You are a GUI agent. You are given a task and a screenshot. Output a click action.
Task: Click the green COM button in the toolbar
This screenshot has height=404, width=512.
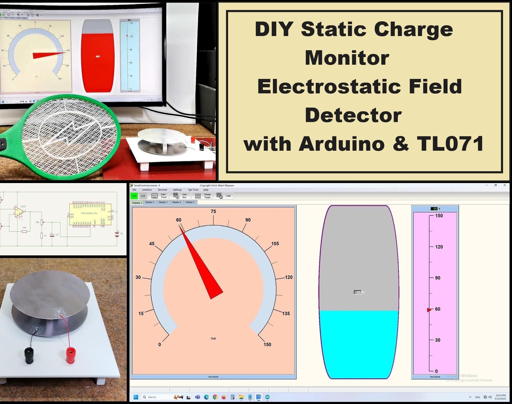134,196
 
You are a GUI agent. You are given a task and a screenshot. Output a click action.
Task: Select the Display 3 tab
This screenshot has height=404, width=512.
163,202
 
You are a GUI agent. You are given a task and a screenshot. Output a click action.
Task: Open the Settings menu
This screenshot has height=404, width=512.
177,190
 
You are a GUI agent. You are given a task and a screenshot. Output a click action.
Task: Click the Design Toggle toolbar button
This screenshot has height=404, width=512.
203,196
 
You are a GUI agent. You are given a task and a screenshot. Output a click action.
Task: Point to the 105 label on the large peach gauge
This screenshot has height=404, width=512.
275,244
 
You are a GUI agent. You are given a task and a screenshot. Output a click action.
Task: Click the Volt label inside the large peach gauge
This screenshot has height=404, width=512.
213,339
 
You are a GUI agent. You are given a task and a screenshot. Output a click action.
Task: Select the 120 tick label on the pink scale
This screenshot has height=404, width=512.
439,247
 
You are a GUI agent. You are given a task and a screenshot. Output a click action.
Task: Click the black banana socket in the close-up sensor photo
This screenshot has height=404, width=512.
29,355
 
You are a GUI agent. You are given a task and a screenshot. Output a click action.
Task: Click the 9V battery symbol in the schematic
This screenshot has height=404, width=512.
117,234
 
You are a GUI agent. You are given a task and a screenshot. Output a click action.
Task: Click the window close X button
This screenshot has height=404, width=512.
504,185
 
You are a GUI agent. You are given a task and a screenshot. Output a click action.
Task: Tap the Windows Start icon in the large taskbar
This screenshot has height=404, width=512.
136,397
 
